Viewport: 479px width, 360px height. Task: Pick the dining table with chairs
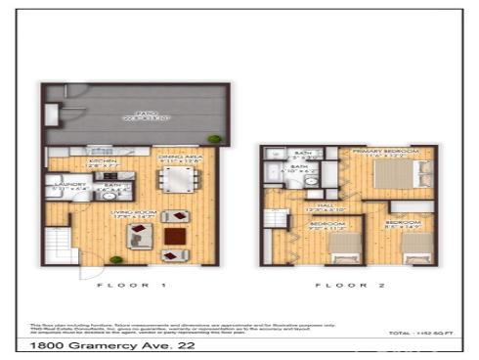[x=179, y=182]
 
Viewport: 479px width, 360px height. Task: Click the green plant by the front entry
[x=116, y=260]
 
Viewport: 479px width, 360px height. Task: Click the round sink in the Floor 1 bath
[x=109, y=196]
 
